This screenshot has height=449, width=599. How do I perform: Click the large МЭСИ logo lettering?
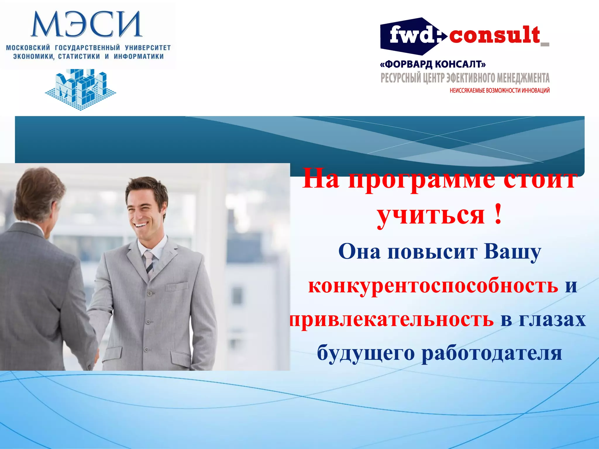pyautogui.click(x=87, y=25)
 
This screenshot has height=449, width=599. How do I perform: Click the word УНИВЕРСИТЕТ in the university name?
pyautogui.click(x=148, y=48)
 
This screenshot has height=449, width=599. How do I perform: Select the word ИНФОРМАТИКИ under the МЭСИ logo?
pyautogui.click(x=139, y=56)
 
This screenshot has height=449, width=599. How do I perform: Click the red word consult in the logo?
pyautogui.click(x=494, y=35)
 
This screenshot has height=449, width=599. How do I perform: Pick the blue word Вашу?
pyautogui.click(x=512, y=251)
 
